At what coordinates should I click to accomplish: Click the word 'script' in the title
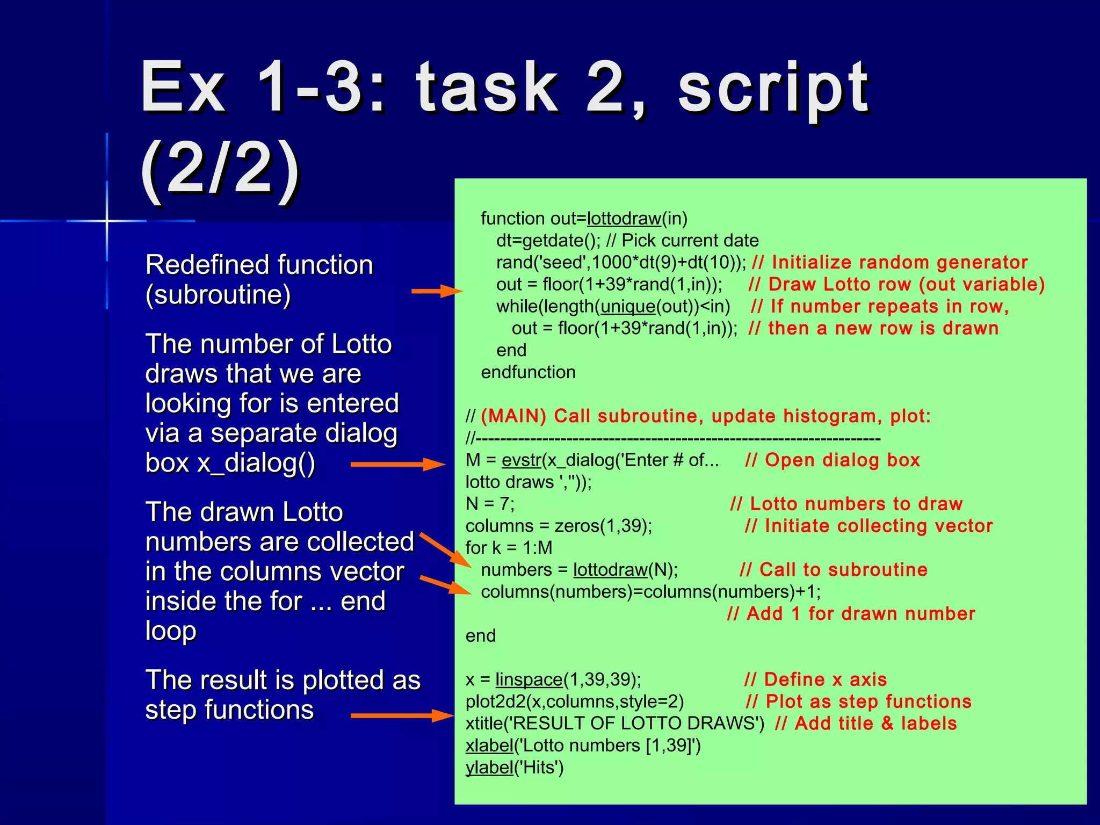coord(773,89)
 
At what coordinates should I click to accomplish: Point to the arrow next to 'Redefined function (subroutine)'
coord(436,291)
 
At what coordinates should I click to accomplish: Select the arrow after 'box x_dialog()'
coord(397,464)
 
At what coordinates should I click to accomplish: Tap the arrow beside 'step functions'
coord(402,715)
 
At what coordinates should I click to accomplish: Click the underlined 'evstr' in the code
coord(521,460)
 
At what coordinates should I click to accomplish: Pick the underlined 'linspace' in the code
coord(529,679)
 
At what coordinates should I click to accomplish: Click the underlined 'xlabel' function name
coord(489,746)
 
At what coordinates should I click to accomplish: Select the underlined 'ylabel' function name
coord(489,768)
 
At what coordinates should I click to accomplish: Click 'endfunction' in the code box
coord(528,372)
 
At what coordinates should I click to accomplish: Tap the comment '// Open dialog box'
coord(833,460)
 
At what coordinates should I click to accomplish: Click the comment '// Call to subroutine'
coord(833,570)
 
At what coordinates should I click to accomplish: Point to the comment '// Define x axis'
coord(815,679)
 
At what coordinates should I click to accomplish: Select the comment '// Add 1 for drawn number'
coord(851,614)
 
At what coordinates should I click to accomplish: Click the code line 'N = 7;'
coord(490,504)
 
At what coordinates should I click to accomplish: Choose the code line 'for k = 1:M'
coord(509,548)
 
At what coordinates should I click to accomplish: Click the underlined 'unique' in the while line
coord(627,307)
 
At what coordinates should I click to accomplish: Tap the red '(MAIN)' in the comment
coord(513,416)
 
